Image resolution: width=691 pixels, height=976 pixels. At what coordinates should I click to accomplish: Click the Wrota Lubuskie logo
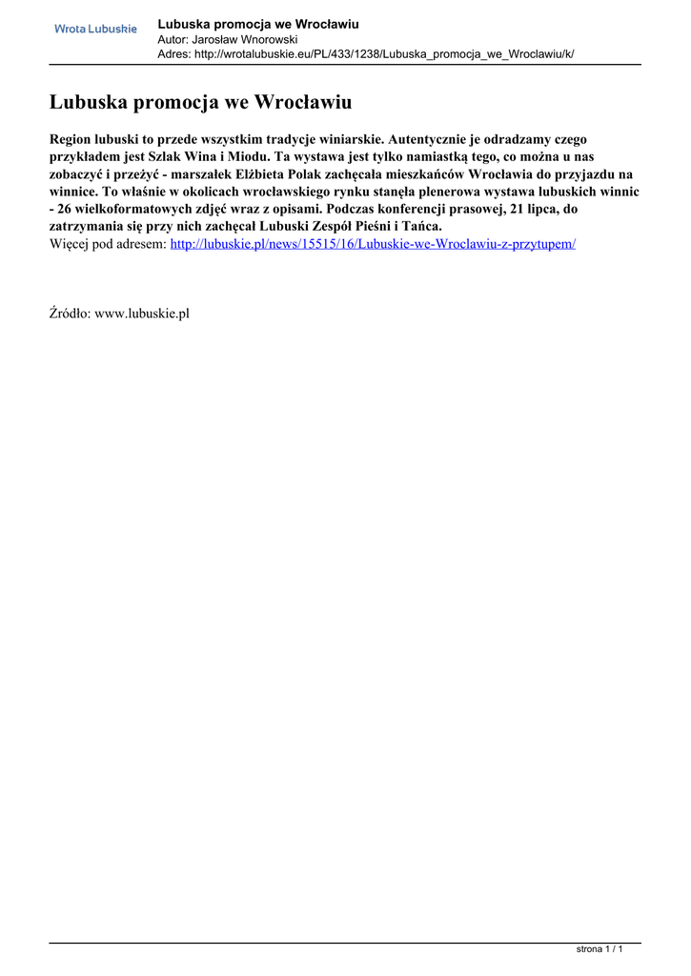(x=95, y=29)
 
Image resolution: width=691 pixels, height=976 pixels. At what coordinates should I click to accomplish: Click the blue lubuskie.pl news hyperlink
(x=373, y=244)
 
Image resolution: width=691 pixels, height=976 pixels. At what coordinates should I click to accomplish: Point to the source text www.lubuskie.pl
(x=142, y=314)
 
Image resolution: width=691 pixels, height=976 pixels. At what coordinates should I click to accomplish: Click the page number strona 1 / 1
(x=600, y=949)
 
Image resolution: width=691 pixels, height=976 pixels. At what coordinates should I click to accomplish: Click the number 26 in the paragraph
(x=69, y=209)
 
